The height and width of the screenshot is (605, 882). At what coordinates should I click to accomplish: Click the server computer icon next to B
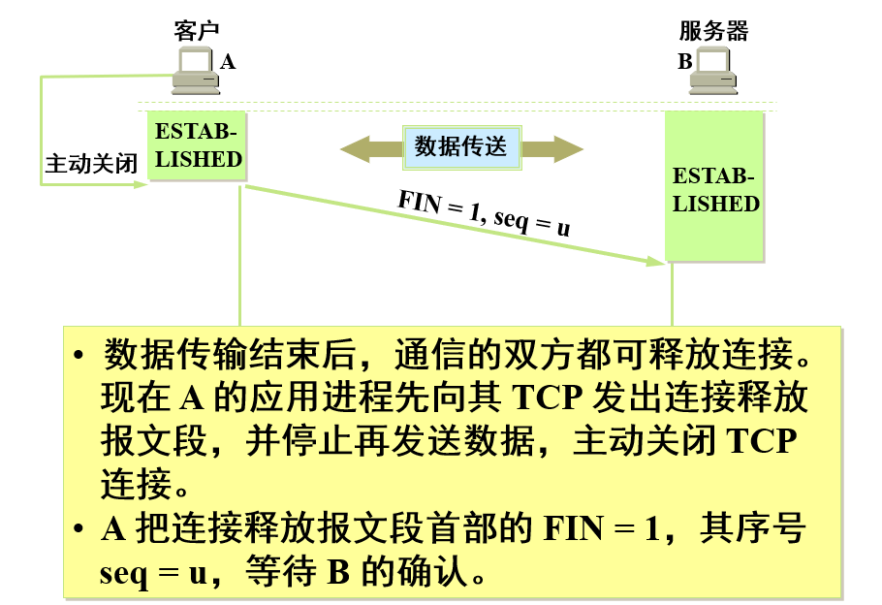[x=715, y=72]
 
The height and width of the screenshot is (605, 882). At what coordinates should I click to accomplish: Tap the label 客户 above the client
[x=197, y=30]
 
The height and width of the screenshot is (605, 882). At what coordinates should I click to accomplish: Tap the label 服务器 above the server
[x=714, y=30]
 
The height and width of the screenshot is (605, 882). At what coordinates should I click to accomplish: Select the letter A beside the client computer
[x=228, y=62]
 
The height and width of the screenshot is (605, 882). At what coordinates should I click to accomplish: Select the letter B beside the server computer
[x=684, y=62]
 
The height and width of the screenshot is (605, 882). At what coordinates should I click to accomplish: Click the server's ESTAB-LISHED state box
[x=715, y=189]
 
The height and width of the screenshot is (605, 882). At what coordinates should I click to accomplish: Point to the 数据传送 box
[x=461, y=147]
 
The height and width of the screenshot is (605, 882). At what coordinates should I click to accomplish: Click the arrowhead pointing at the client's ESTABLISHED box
[x=142, y=181]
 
